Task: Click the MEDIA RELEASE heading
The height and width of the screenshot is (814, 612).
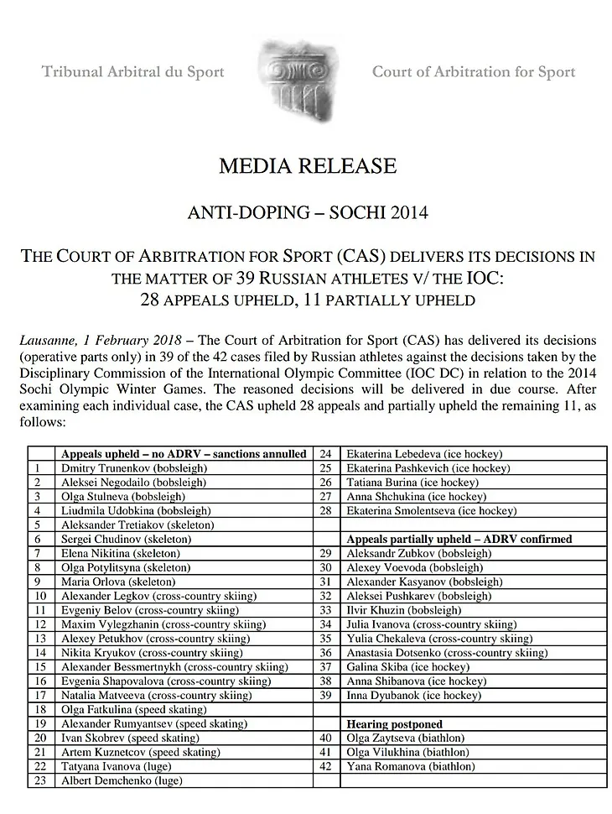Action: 307,165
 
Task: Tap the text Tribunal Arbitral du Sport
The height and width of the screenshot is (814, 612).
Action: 133,72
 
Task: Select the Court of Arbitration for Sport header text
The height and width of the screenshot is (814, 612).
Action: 474,72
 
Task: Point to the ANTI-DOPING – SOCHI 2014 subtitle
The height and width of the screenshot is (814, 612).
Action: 307,212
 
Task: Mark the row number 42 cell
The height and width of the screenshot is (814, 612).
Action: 326,767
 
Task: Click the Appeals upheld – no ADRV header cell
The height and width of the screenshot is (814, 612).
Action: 184,453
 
